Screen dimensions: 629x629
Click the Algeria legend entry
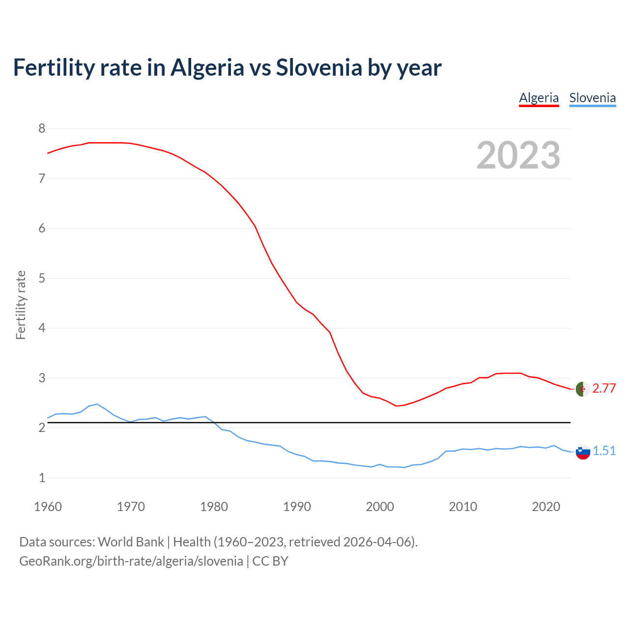pos(539,98)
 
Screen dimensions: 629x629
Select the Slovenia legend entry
pos(592,98)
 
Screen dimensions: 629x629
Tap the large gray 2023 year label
pos(518,155)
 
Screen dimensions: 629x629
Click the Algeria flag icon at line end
pos(582,389)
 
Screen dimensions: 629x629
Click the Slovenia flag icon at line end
pos(583,452)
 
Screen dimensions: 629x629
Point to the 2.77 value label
pos(604,389)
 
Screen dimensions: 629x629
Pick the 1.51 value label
pos(604,451)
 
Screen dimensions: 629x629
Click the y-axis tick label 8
pos(42,129)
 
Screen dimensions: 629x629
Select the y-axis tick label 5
pos(42,278)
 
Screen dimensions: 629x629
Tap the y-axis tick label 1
pos(42,478)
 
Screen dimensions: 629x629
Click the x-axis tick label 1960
pos(48,507)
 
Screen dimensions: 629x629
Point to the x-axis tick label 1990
pos(297,507)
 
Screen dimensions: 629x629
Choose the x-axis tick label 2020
pos(546,507)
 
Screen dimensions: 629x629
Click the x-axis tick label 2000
pos(380,507)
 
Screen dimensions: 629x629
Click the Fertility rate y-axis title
pos(21,305)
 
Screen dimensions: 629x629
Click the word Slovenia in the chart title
pos(319,67)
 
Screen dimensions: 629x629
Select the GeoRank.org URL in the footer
pos(131,561)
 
